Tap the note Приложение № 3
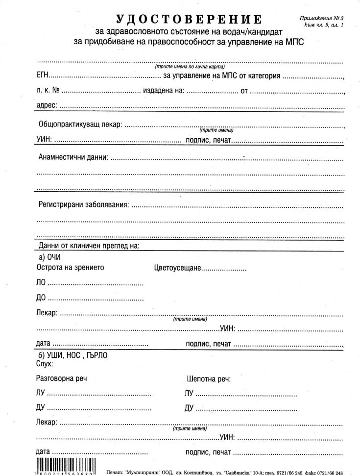coord(322,17)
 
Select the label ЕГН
coord(43,76)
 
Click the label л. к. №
coord(48,91)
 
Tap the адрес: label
coord(47,105)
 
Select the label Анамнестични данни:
coord(73,157)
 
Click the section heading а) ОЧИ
coord(49,257)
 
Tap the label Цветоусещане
coord(177,268)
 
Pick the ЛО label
coord(41,283)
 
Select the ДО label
coord(41,298)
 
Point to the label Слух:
coord(45,364)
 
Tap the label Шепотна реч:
coord(209,378)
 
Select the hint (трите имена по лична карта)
coord(190,66)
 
